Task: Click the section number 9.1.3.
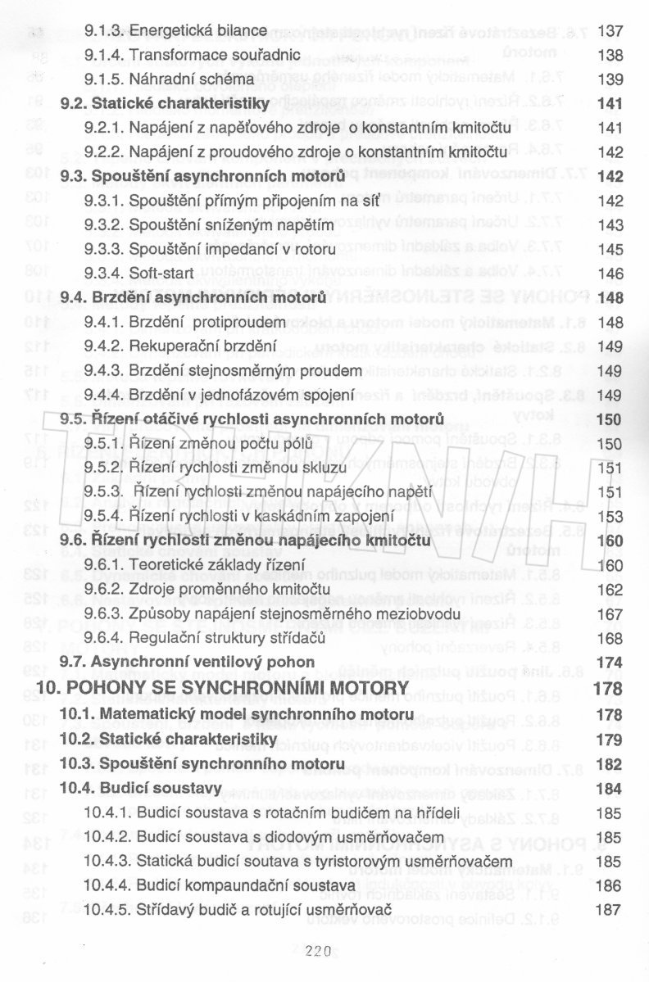104,31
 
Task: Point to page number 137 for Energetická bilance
610,31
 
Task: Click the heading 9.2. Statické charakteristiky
165,104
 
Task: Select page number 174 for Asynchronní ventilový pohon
610,661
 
